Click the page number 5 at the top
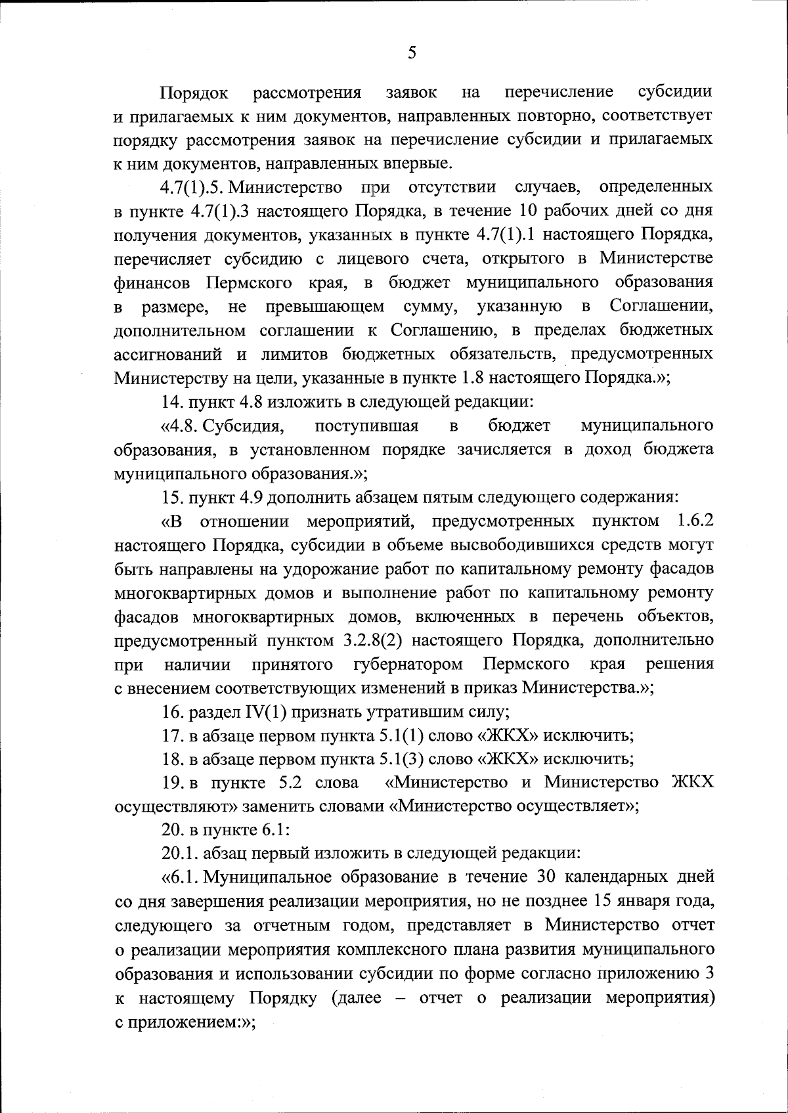click(x=412, y=53)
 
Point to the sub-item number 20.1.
click(x=180, y=854)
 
